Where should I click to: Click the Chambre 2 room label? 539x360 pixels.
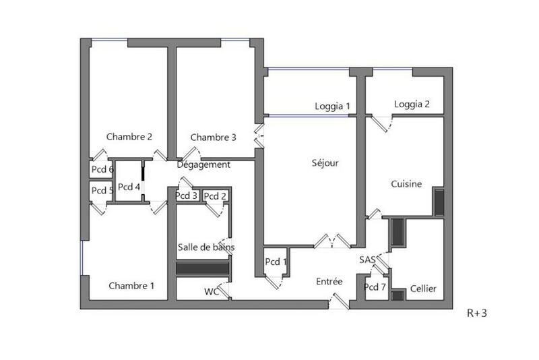[129, 137]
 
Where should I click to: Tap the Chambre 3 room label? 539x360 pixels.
[213, 138]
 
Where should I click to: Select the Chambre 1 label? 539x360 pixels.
[131, 286]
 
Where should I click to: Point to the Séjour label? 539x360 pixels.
[325, 163]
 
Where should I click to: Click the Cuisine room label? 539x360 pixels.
[406, 183]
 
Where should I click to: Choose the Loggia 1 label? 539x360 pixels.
[333, 106]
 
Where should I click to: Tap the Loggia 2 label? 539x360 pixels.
[412, 104]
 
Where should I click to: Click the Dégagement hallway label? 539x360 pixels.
[203, 164]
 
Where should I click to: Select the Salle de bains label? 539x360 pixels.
[206, 247]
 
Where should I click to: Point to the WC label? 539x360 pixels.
[212, 292]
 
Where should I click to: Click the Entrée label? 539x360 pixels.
[329, 282]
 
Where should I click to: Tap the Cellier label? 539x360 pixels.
[423, 289]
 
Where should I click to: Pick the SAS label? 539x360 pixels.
[368, 260]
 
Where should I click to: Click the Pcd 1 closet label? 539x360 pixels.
[276, 262]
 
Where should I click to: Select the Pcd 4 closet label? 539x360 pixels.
[129, 187]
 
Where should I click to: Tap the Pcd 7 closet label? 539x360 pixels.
[375, 287]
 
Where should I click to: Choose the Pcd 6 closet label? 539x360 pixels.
[102, 169]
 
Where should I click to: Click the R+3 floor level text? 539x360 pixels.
[477, 312]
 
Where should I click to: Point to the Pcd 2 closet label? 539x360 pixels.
[215, 196]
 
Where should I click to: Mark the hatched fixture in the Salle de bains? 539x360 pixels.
[203, 268]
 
